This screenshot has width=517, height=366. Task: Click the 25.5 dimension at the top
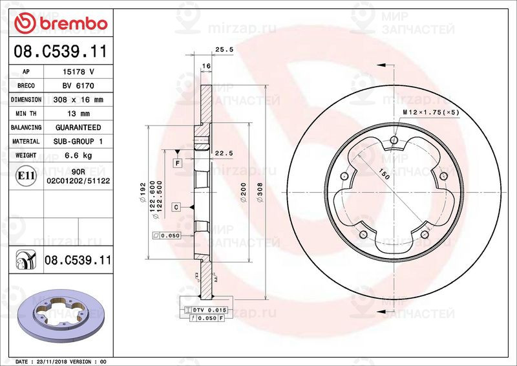point(224,49)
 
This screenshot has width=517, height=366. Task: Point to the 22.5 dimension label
point(224,153)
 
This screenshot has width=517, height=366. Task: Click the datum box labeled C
point(176,206)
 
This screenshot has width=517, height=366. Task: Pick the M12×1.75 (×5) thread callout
point(431,112)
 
